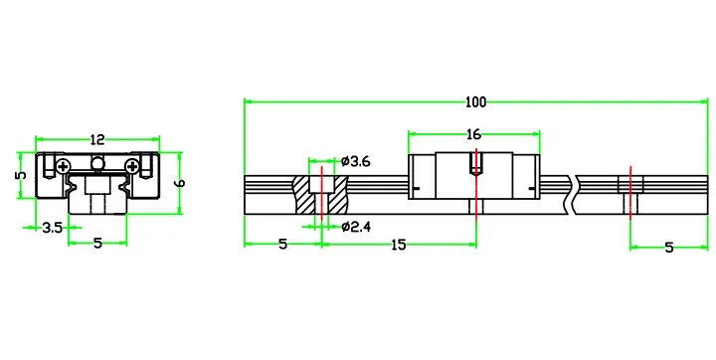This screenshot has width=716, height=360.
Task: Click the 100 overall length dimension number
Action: [475, 101]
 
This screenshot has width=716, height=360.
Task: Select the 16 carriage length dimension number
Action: [474, 134]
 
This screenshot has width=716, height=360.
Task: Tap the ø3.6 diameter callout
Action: [356, 161]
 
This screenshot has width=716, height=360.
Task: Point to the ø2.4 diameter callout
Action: [356, 227]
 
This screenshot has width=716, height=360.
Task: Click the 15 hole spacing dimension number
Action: [398, 245]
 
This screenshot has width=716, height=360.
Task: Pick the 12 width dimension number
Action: [97, 139]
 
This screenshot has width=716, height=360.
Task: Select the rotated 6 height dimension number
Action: [180, 183]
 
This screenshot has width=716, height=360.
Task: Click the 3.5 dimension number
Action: [53, 228]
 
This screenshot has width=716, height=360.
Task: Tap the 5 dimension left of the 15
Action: [283, 245]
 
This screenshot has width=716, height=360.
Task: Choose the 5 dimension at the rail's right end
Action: [669, 248]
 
